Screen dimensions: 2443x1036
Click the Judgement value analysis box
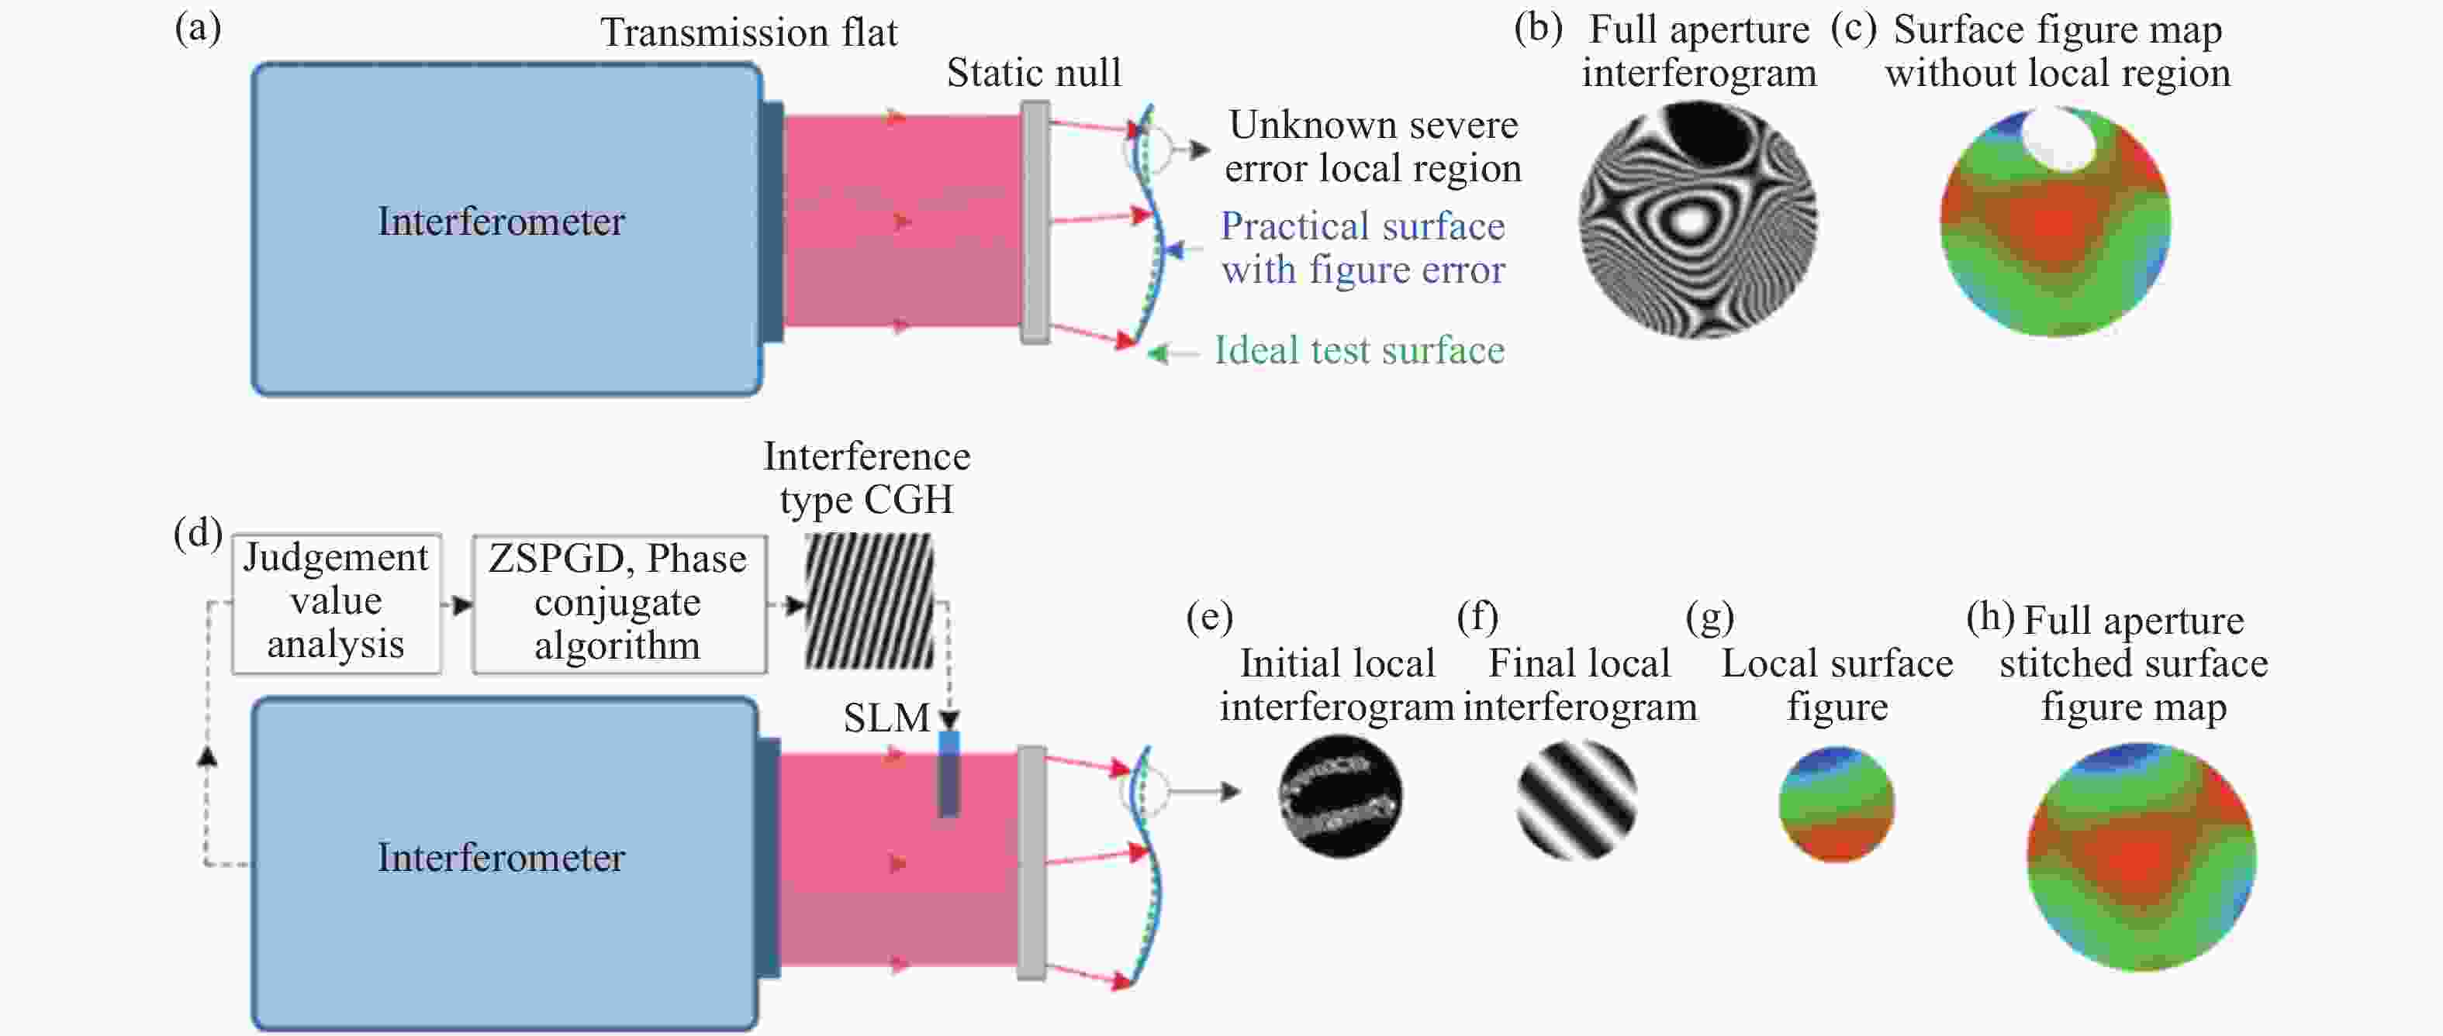click(x=337, y=603)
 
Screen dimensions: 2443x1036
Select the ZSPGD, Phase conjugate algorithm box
click(x=620, y=603)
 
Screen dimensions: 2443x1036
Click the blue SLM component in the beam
click(x=949, y=773)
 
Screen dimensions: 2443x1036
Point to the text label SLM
click(x=886, y=718)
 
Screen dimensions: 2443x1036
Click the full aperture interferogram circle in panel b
click(x=1698, y=220)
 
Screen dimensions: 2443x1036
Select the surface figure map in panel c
click(x=2055, y=222)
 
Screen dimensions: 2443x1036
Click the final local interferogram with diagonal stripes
click(x=1576, y=800)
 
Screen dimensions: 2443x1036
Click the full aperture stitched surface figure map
click(x=2141, y=857)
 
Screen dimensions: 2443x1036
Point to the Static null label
click(x=1034, y=72)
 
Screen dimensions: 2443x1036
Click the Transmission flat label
click(x=748, y=33)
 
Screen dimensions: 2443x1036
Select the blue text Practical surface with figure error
click(x=1363, y=247)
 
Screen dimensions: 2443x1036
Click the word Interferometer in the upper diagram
click(x=501, y=221)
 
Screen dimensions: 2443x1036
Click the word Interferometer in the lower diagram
click(x=501, y=857)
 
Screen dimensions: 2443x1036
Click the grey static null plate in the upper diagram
click(x=1035, y=222)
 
